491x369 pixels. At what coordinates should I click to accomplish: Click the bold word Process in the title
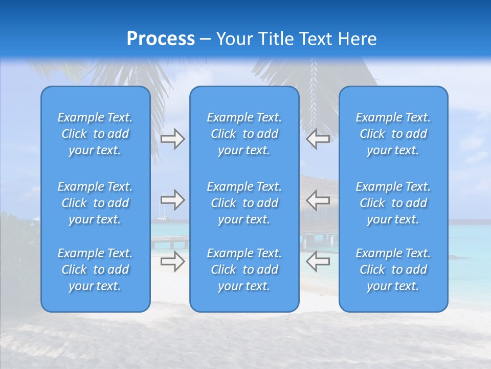click(x=161, y=39)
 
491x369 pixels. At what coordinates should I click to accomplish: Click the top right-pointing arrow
click(x=172, y=139)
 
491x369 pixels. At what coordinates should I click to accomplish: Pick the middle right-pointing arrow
click(x=172, y=199)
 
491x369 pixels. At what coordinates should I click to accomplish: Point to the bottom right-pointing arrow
click(x=172, y=261)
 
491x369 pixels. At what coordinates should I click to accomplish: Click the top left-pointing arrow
click(x=318, y=139)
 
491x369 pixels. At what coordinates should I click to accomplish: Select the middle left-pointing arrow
click(x=318, y=199)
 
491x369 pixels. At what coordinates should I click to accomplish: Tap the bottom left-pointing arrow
click(x=318, y=261)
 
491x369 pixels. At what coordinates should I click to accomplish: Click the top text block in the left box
click(x=95, y=134)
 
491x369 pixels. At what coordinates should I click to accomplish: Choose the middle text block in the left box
click(x=95, y=203)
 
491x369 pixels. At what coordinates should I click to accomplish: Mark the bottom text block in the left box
click(x=95, y=270)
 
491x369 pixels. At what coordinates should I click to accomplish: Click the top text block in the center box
click(x=244, y=134)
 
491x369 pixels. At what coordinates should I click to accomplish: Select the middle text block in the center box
click(x=244, y=203)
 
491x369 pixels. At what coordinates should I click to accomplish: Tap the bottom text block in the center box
click(x=244, y=270)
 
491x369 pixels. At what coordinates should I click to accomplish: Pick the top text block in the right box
click(x=393, y=134)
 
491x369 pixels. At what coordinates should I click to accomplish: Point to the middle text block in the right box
click(x=393, y=203)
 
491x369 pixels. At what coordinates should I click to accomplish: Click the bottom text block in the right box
click(x=393, y=270)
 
